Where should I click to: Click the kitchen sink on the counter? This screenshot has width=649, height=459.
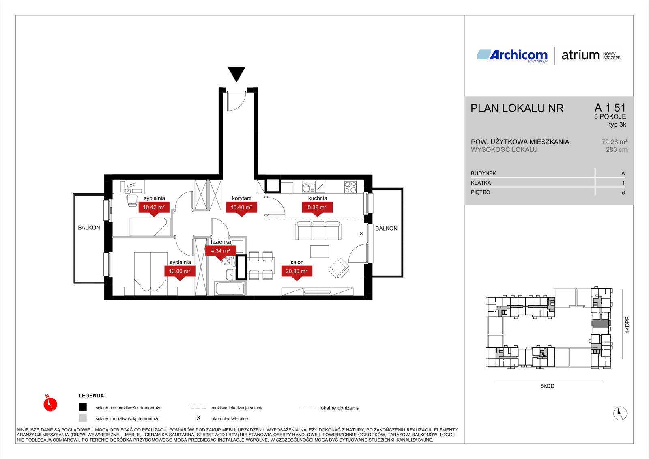[x=308, y=187]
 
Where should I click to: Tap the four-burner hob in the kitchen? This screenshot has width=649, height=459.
[x=350, y=187]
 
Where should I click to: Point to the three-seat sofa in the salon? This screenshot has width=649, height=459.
[x=318, y=231]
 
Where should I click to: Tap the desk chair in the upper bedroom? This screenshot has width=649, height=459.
[x=132, y=200]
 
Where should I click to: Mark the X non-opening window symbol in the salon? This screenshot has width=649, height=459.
[x=361, y=233]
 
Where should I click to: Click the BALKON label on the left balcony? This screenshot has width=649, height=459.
[x=89, y=228]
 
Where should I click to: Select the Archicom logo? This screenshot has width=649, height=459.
[x=512, y=56]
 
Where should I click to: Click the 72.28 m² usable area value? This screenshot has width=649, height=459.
[x=614, y=142]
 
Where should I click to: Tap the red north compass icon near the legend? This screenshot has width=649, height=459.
[x=50, y=403]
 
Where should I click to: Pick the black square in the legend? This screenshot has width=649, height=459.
[x=83, y=407]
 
